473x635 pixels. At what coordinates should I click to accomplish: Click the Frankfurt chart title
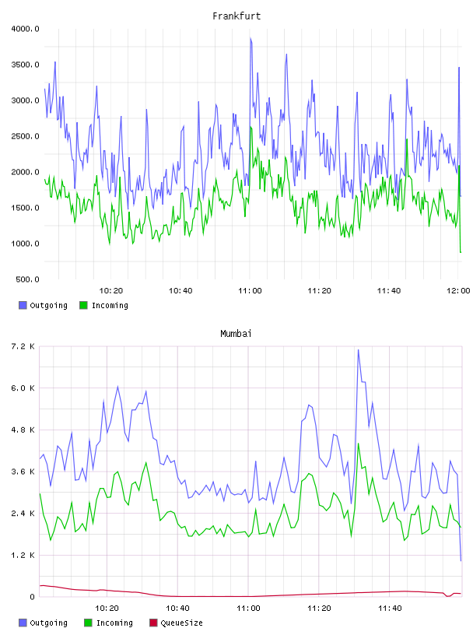point(236,16)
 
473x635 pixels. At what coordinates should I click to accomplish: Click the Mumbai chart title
point(236,334)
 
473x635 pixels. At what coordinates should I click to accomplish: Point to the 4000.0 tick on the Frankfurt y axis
point(25,29)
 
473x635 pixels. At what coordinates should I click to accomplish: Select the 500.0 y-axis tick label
point(27,279)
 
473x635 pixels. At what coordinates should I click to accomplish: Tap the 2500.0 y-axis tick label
point(25,136)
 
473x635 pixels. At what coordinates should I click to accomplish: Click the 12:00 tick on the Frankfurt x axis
point(458,291)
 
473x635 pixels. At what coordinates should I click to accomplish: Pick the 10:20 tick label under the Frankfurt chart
point(111,291)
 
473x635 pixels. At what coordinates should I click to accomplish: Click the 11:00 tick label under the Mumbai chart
point(248,609)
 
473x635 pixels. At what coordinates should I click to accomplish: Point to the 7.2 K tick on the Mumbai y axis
point(23,346)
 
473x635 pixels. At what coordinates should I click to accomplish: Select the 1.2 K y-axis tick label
point(23,555)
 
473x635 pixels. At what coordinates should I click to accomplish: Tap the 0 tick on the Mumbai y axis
point(32,597)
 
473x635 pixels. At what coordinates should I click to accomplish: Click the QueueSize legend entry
point(176,623)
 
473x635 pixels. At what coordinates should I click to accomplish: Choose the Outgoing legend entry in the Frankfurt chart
point(44,305)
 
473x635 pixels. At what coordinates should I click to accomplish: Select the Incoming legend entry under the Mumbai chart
point(109,623)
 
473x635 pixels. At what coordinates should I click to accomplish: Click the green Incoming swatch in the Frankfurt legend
point(83,305)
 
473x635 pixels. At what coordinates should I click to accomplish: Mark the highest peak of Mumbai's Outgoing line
point(359,350)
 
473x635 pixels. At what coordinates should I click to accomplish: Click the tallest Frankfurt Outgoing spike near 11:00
point(251,39)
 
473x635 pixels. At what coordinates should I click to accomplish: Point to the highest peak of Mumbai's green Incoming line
point(359,444)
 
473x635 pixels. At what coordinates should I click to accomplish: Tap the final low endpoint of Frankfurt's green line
point(461,252)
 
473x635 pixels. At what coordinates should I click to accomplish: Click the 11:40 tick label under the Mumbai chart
point(390,609)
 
